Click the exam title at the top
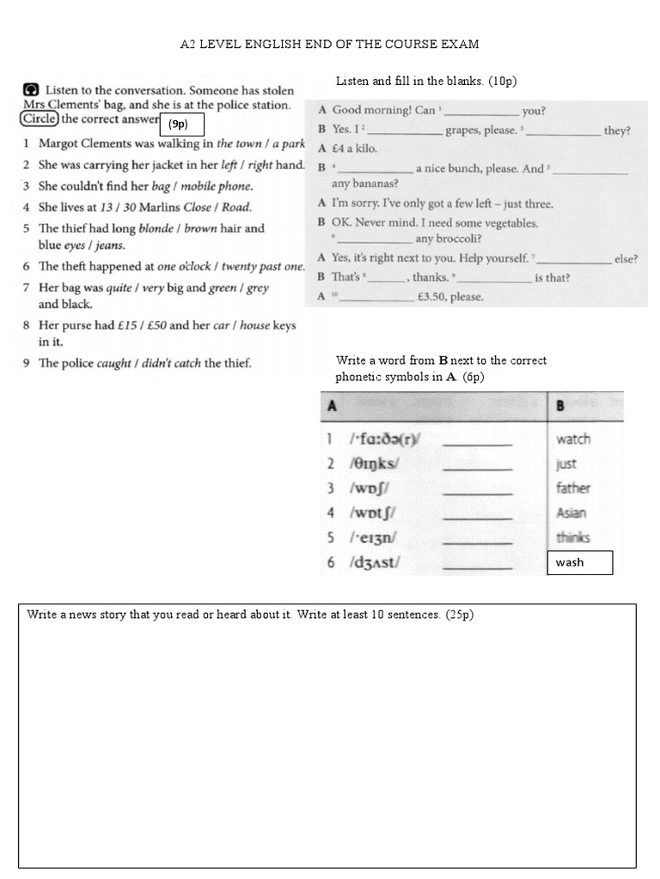(329, 43)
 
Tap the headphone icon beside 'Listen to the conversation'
(30, 89)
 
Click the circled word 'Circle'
(40, 118)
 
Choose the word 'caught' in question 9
(113, 363)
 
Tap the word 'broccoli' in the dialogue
(459, 239)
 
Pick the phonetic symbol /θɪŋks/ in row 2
(375, 464)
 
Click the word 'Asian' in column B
(571, 513)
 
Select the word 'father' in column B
(573, 488)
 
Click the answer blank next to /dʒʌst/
(477, 564)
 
